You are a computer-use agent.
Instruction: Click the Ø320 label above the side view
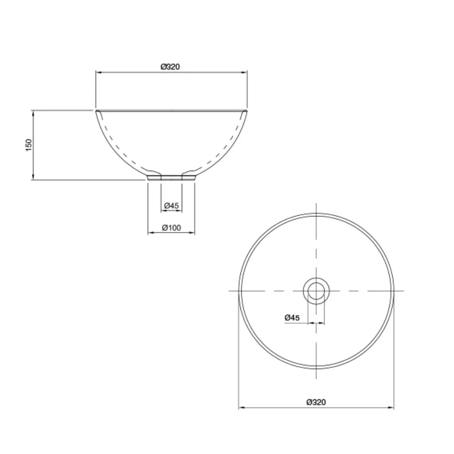pyautogui.click(x=170, y=66)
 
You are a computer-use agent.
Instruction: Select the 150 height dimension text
pyautogui.click(x=29, y=145)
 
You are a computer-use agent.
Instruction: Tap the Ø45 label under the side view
pyautogui.click(x=172, y=206)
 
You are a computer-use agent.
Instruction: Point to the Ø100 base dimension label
pyautogui.click(x=172, y=228)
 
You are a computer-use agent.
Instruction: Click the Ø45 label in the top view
pyautogui.click(x=292, y=318)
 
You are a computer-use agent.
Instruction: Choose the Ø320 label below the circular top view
pyautogui.click(x=316, y=402)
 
